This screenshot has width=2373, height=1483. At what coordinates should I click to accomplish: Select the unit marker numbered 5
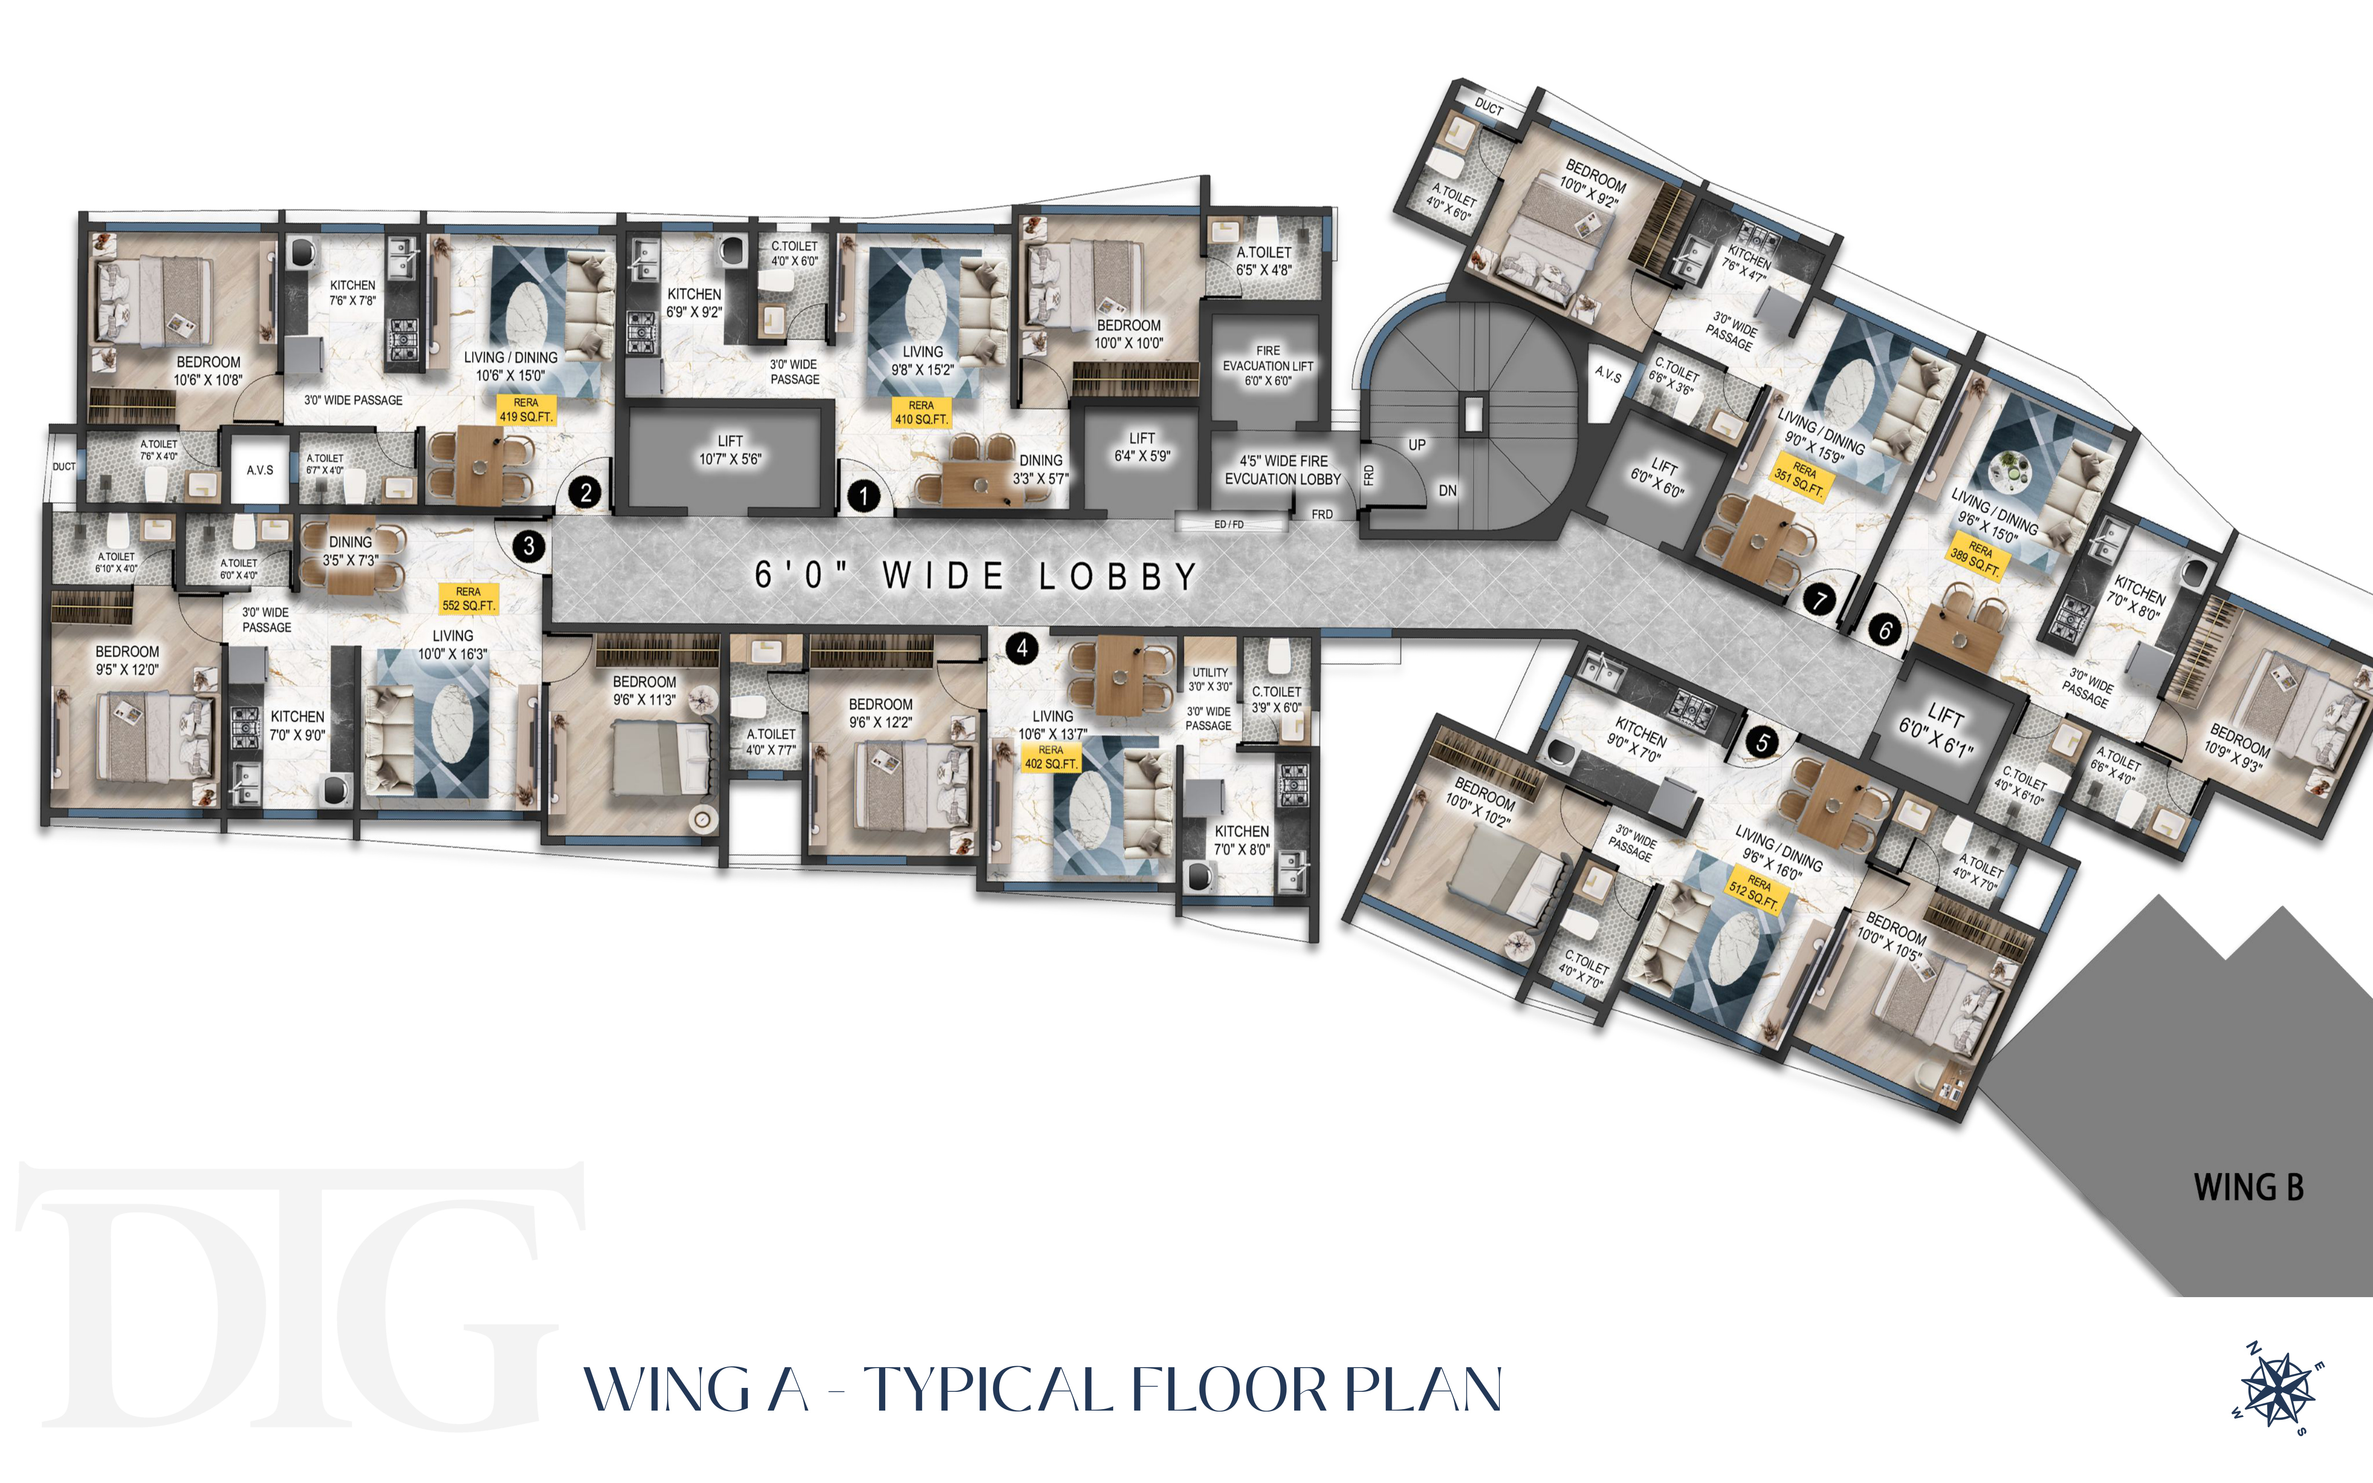click(1762, 742)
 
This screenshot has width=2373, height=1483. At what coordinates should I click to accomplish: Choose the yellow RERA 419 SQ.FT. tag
click(527, 410)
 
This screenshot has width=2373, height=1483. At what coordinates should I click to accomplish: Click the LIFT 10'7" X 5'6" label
click(730, 450)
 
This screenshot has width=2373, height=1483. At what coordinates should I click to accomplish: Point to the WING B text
click(2248, 1188)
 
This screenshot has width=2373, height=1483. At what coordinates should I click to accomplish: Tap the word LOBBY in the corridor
click(1119, 577)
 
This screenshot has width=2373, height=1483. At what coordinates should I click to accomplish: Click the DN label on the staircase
click(1447, 490)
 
